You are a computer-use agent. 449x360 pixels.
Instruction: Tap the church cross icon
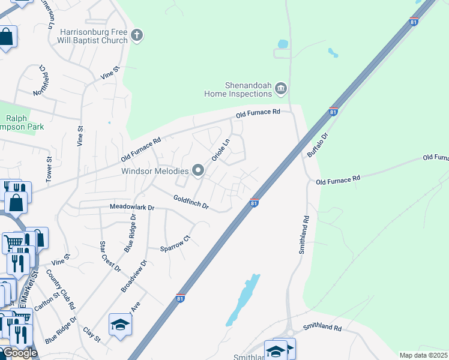coord(137,35)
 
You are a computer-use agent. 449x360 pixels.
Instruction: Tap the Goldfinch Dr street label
coord(190,202)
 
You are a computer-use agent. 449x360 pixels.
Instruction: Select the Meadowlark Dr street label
coord(132,207)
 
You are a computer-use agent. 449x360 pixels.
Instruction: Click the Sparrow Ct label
coord(175,242)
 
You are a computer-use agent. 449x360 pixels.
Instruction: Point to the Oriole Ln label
coord(220,151)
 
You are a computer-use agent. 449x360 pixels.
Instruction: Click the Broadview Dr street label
coord(134,275)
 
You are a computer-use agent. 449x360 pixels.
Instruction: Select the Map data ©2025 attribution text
coord(424,355)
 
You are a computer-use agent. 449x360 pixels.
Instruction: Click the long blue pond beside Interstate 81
coord(243,300)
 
